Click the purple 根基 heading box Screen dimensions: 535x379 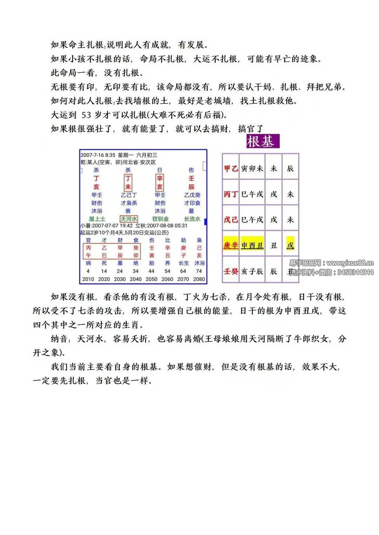click(x=263, y=141)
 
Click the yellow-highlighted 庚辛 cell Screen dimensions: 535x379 click(x=231, y=245)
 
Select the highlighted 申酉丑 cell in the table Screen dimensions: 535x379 click(x=252, y=245)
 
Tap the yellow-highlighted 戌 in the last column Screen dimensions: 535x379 click(x=290, y=245)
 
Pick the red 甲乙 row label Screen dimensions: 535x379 click(x=231, y=169)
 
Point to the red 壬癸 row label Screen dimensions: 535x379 click(x=231, y=271)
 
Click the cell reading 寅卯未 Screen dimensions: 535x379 click(x=252, y=169)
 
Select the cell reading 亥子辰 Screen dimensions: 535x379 click(x=252, y=271)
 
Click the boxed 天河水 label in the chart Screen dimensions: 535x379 click(x=128, y=219)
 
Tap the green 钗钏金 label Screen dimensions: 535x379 click(x=160, y=219)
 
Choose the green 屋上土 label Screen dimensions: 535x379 click(x=97, y=219)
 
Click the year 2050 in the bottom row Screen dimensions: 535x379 click(x=151, y=279)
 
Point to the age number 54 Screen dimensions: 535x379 click(x=167, y=271)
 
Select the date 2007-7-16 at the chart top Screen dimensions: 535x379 click(x=92, y=155)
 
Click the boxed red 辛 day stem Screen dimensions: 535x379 click(x=160, y=178)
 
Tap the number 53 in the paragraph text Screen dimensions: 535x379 click(x=86, y=115)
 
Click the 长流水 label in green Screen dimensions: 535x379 click(x=192, y=219)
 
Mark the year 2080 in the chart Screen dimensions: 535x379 click(x=199, y=279)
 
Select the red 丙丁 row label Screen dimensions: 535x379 click(x=231, y=194)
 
